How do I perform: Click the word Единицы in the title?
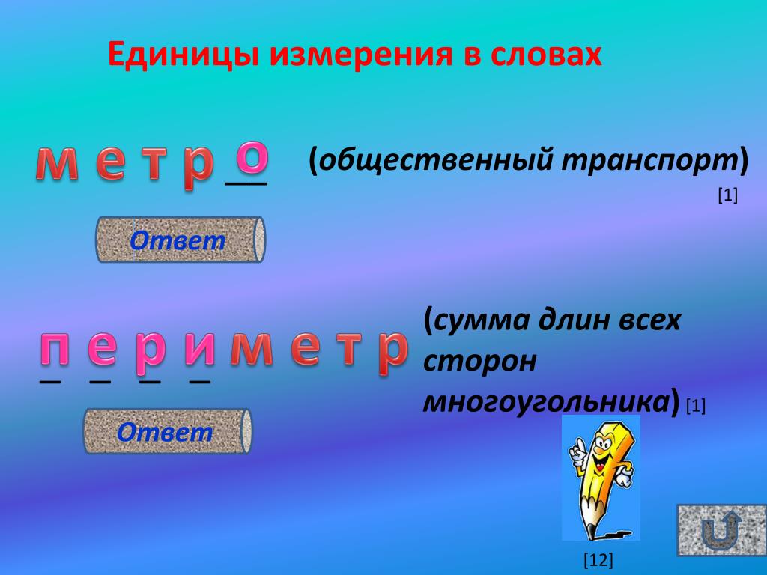[183, 55]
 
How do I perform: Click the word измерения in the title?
[360, 55]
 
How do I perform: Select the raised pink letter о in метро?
[252, 157]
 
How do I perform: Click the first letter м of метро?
[57, 163]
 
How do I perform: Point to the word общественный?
[437, 160]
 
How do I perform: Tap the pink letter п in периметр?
[54, 349]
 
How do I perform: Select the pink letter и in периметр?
[199, 349]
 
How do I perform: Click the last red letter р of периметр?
[392, 351]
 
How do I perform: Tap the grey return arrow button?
[721, 531]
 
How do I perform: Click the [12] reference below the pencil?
[598, 560]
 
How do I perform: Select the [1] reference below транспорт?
[727, 195]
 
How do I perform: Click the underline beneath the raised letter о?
[246, 183]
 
